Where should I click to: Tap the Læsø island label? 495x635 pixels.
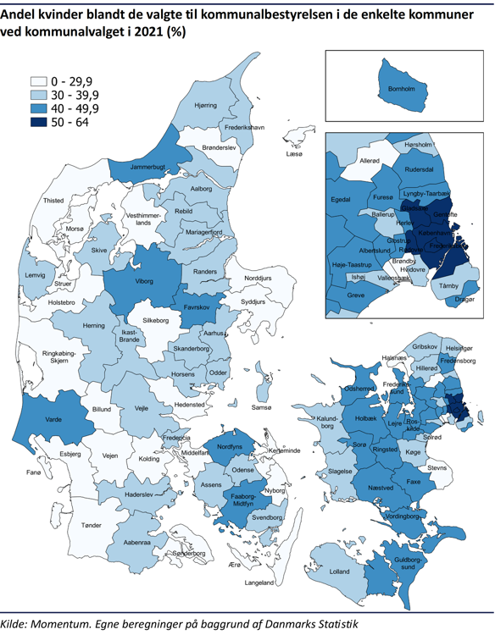294,155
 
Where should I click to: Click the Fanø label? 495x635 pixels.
11,472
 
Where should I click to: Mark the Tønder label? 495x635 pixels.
91,526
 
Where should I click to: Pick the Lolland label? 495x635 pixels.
339,571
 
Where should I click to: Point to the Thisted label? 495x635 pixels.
53,201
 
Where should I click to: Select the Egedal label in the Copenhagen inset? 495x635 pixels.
341,200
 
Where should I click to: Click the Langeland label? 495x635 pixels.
259,583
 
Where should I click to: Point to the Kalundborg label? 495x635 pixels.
330,422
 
